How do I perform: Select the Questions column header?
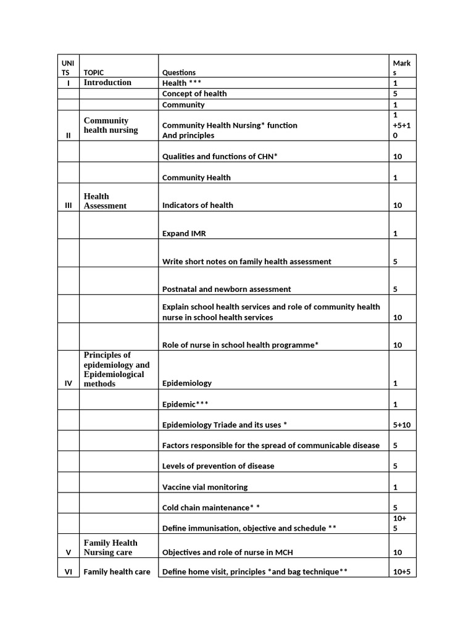pos(179,72)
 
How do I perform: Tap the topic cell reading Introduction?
pos(107,82)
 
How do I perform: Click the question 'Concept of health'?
pos(194,94)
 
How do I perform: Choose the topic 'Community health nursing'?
pos(111,125)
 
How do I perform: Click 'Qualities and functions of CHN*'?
pos(220,157)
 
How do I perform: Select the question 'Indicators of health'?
pos(197,205)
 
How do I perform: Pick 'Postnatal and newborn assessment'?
pos(227,289)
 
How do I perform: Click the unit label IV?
pos(68,383)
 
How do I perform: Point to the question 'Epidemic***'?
pos(185,404)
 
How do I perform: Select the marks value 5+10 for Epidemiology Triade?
pos(401,425)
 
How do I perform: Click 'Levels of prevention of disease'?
pos(218,466)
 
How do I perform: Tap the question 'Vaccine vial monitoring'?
pos(205,487)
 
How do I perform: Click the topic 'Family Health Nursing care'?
pos(110,547)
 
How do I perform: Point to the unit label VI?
pos(68,572)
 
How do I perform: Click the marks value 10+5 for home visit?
pos(401,572)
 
